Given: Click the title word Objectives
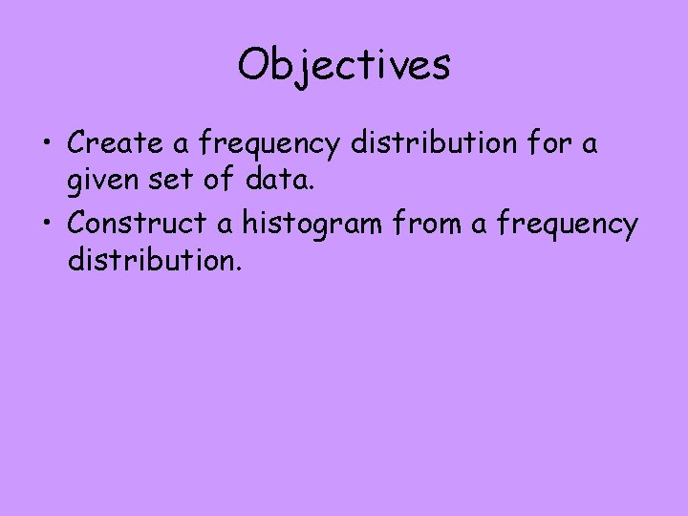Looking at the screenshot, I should point(344,65).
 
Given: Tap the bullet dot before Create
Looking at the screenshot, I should point(45,145).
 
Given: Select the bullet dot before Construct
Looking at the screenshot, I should point(45,226).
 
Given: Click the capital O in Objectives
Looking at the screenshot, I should point(256,65).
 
